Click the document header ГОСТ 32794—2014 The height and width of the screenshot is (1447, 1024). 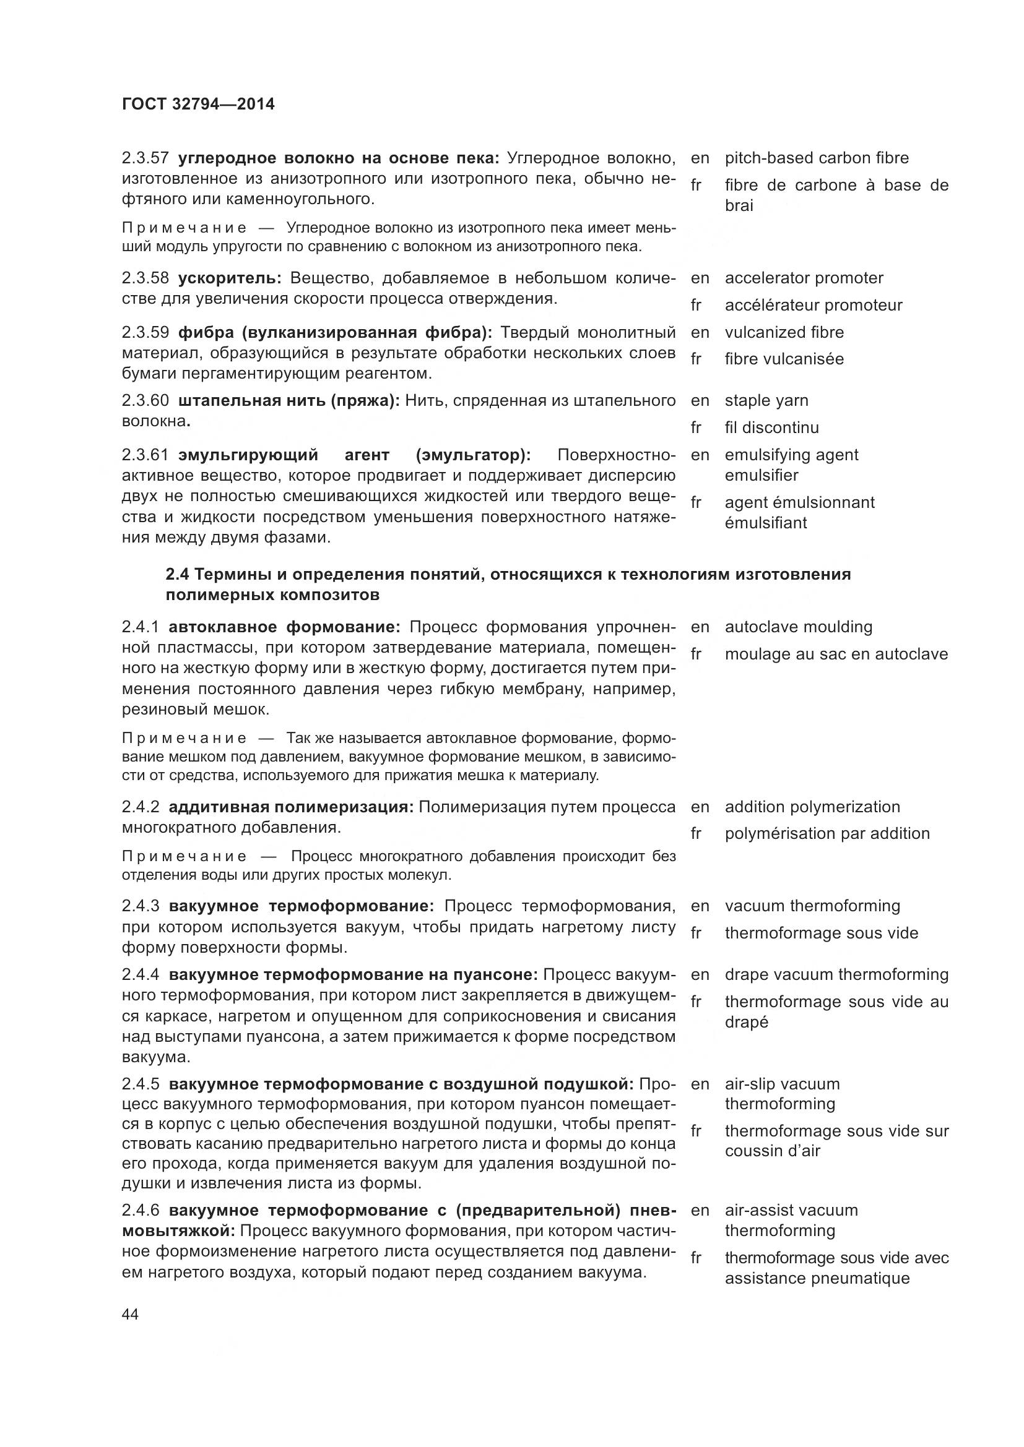198,105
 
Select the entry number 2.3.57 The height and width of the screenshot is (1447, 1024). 145,158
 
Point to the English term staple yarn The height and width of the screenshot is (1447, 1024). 766,400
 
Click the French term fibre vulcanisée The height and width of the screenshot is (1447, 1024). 784,359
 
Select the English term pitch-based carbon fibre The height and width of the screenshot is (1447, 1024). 817,158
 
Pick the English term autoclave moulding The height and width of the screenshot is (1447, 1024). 798,627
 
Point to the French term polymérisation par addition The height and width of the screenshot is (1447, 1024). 827,834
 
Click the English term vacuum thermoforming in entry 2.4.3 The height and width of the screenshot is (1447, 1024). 812,906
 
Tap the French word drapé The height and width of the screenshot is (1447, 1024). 747,1022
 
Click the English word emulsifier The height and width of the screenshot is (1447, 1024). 761,475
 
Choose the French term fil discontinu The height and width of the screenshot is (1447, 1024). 772,428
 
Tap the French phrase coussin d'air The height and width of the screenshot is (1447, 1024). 773,1151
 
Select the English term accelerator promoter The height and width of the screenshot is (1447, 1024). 804,278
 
